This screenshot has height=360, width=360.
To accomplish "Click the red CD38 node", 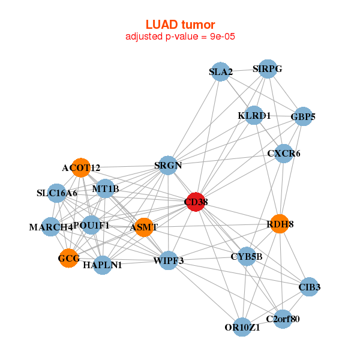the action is tap(196, 203).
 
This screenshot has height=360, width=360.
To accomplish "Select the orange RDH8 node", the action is tap(280, 224).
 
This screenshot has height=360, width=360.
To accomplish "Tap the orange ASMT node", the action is tap(144, 227).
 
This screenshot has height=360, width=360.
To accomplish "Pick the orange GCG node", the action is tap(68, 259).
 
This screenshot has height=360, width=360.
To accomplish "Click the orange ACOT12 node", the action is tap(80, 167).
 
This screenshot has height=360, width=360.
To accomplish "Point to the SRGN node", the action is tap(168, 165).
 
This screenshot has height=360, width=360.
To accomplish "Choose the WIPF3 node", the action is tap(169, 260).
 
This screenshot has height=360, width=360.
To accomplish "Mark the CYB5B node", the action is tap(247, 257).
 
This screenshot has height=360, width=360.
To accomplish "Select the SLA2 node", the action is tap(221, 73).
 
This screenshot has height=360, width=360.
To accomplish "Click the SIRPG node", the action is tap(268, 69).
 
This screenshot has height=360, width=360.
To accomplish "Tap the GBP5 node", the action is tap(303, 116).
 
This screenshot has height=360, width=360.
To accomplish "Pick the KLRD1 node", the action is tap(254, 115).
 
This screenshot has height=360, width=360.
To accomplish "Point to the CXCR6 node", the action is tap(284, 154).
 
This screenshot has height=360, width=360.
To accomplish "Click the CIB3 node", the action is tap(309, 287).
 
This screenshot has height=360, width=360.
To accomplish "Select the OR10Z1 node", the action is tap(242, 327).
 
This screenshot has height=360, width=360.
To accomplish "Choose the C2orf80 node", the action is tap(283, 319).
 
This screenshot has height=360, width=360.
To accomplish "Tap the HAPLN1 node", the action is tap(103, 265).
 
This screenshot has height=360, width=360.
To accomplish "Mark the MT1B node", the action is tap(106, 190).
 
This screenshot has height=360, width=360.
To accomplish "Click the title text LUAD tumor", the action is tap(180, 25).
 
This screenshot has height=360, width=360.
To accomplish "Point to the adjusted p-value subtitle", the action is tap(180, 37).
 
